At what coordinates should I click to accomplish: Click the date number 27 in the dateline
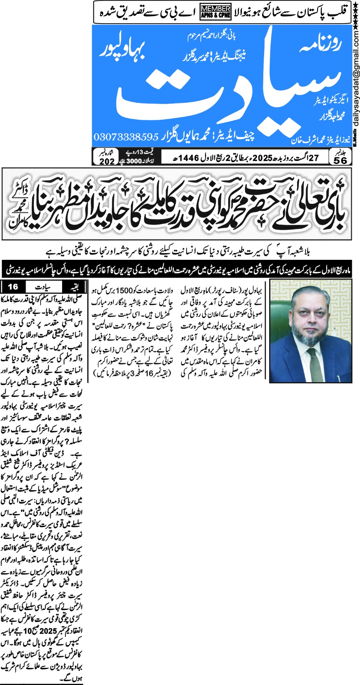pyautogui.click(x=314, y=157)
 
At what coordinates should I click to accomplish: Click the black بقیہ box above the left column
pyautogui.click(x=73, y=286)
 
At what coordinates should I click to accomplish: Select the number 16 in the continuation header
pyautogui.click(x=13, y=286)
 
